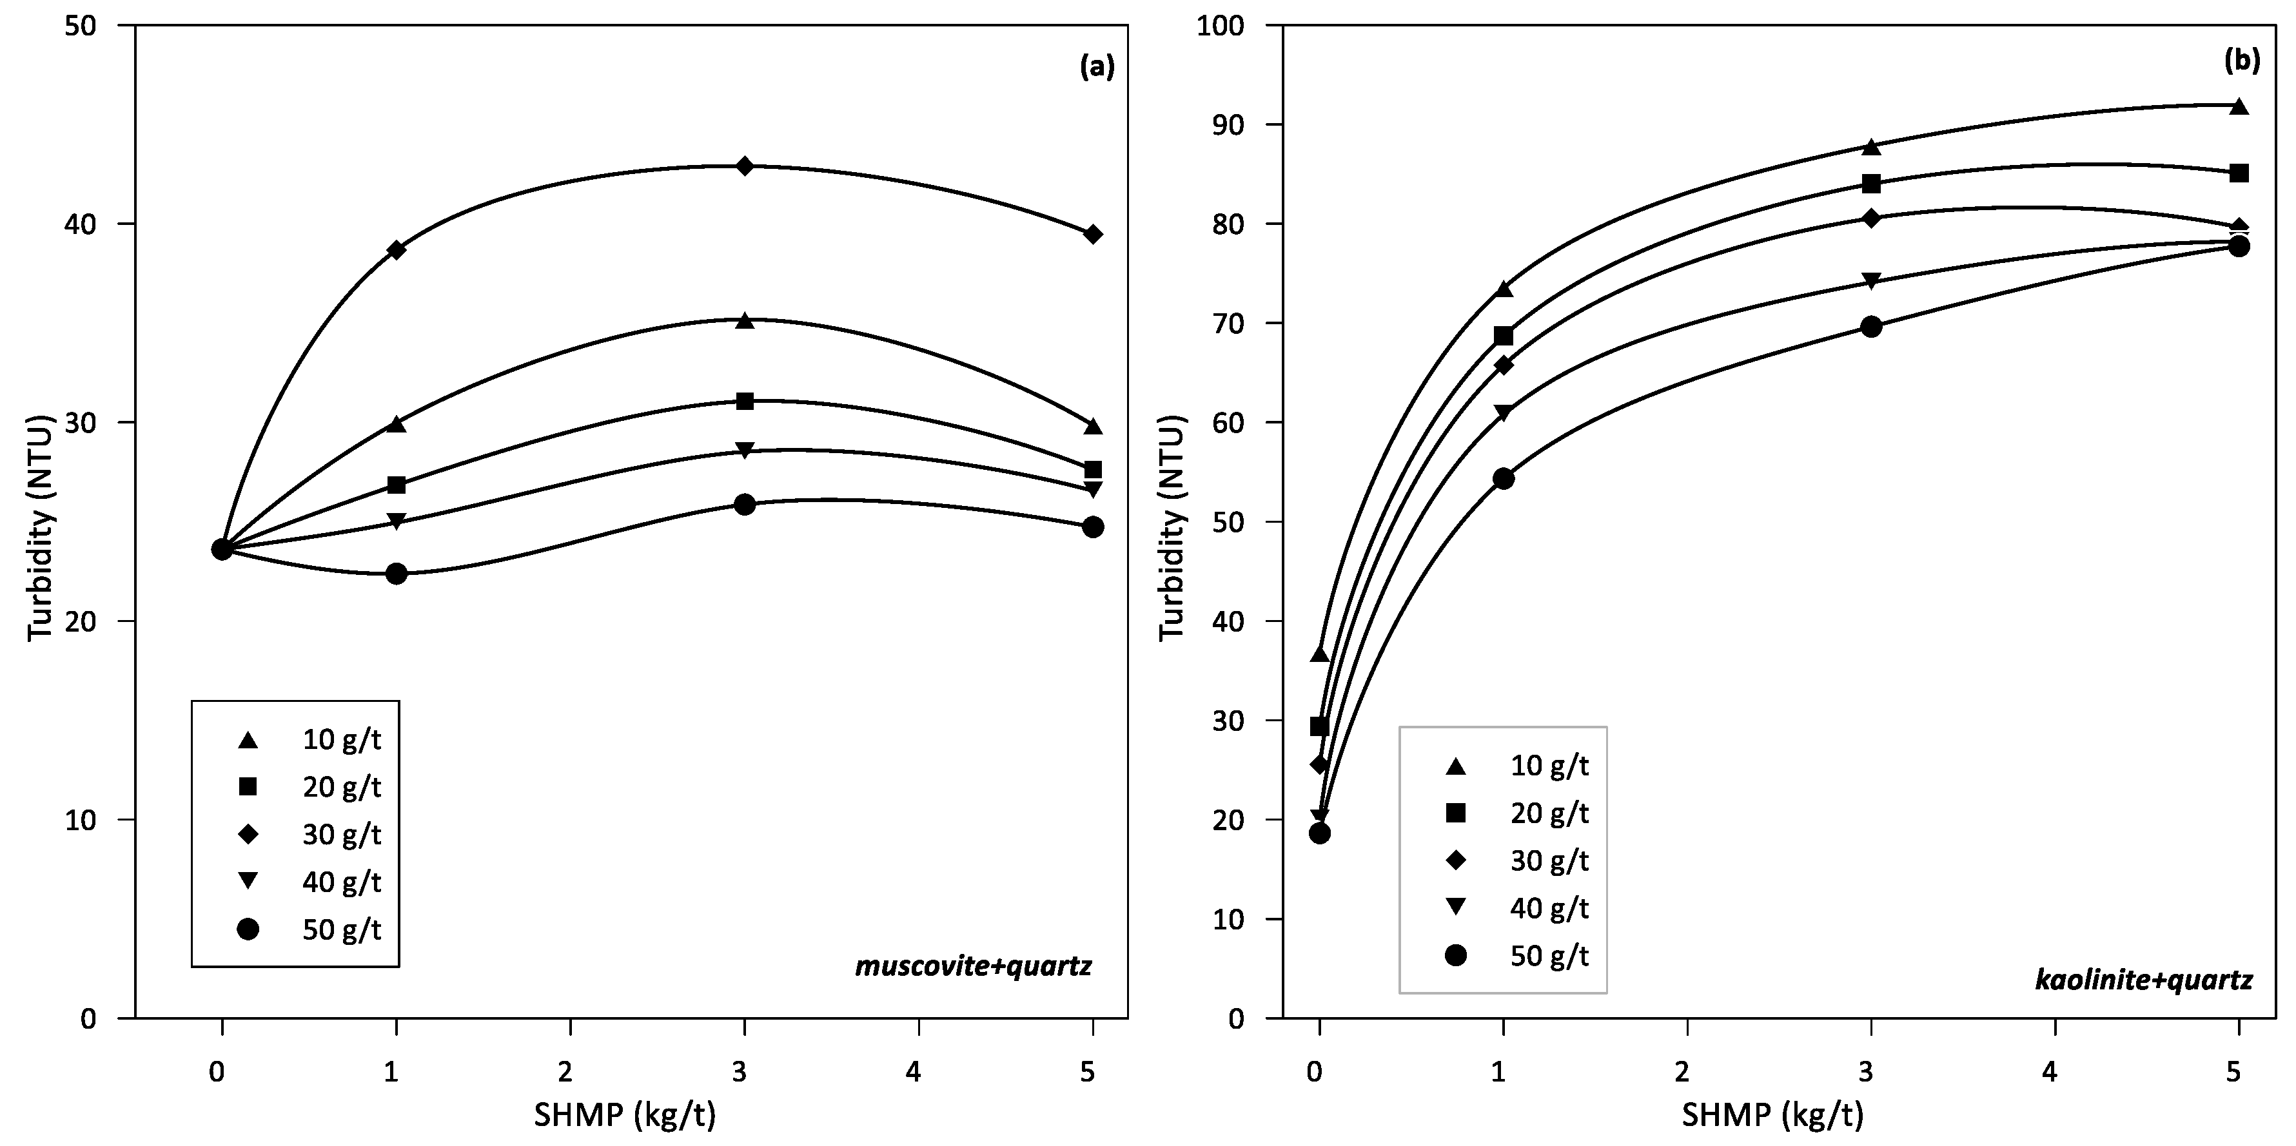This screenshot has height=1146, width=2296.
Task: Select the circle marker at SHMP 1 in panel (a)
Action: [396, 574]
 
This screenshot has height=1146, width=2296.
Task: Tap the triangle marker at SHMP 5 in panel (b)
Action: [2238, 107]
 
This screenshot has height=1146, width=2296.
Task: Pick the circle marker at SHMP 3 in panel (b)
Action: [1871, 326]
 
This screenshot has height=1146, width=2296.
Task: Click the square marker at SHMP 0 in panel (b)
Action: [1319, 726]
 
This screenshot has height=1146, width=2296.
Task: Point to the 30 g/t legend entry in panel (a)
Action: [312, 835]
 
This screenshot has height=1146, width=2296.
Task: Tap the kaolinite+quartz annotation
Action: [2144, 981]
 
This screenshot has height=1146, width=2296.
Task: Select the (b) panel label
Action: [2242, 60]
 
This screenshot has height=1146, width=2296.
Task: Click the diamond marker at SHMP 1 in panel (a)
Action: [396, 249]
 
